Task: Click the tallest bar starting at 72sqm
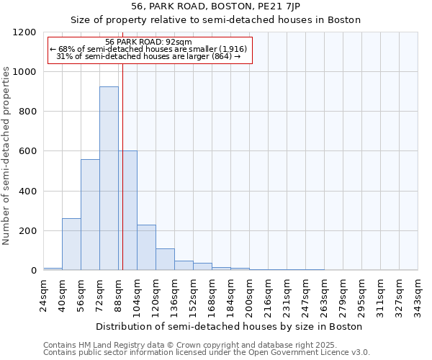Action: point(109,179)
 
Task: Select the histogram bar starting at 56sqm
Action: point(90,215)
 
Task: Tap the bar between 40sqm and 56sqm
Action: point(71,244)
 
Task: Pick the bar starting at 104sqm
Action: point(146,247)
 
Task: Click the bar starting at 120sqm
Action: point(165,259)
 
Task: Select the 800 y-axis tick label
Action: point(28,112)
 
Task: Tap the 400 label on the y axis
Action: point(28,192)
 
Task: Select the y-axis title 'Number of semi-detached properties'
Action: point(6,151)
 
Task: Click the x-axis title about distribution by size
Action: point(230,326)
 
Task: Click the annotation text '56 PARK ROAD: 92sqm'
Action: point(148,42)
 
